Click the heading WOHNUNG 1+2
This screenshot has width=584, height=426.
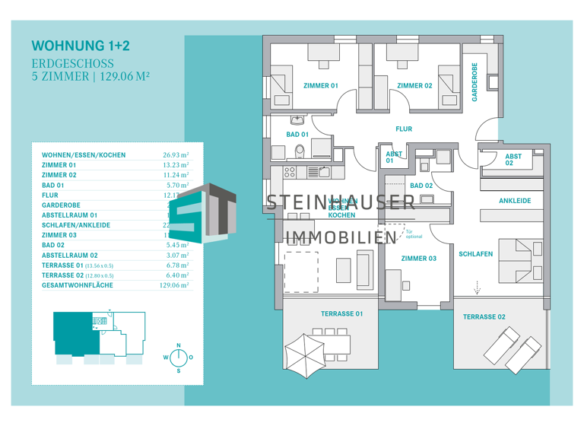pos(80,46)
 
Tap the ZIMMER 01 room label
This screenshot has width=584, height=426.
pos(320,86)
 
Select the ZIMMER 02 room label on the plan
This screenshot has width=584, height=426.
pos(414,86)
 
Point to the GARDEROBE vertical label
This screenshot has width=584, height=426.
pos(475,82)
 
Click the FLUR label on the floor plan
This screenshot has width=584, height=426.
pos(404,129)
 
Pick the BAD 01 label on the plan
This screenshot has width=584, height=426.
pos(297,135)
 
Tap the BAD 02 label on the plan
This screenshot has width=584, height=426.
pos(421,186)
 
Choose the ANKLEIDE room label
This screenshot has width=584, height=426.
pos(515,201)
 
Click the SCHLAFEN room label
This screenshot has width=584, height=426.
pos(475,254)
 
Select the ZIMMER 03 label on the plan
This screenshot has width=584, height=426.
pos(419,259)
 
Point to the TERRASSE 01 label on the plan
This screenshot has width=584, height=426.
pos(341,313)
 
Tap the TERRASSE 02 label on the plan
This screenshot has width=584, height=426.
pos(484,316)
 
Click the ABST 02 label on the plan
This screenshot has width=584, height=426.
pos(513,160)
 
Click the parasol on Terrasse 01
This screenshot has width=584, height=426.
pos(305,352)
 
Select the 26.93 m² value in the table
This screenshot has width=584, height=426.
pos(176,155)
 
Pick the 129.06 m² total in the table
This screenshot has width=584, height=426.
pos(173,285)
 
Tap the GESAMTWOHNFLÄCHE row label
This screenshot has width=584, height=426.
pos(77,285)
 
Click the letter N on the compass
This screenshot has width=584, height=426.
pos(179,345)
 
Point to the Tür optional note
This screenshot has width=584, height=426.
pos(414,234)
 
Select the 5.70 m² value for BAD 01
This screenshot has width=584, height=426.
pos(177,185)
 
